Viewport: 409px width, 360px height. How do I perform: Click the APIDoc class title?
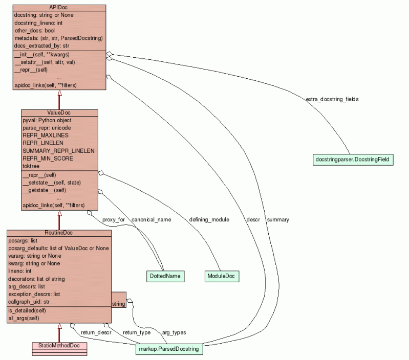(x=59, y=8)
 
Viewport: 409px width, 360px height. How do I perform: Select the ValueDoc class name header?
(x=59, y=112)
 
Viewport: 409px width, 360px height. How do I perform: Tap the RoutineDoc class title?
(x=59, y=233)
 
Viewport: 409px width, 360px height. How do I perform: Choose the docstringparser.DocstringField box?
(x=353, y=160)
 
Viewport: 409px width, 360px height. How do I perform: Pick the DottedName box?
(x=165, y=276)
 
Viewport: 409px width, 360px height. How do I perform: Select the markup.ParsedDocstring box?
(x=169, y=349)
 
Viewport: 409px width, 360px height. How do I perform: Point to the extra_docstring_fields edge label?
(x=332, y=99)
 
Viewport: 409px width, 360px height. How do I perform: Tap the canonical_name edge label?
(x=151, y=219)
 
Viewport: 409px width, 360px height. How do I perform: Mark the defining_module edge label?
(x=206, y=219)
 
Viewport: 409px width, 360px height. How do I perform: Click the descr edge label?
(x=253, y=219)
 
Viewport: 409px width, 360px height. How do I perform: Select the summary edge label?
(x=278, y=219)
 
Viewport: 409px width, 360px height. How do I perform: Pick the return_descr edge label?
(x=96, y=332)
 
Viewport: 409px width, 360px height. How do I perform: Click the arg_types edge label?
(x=174, y=332)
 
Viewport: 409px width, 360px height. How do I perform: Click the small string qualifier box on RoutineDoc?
(x=118, y=304)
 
